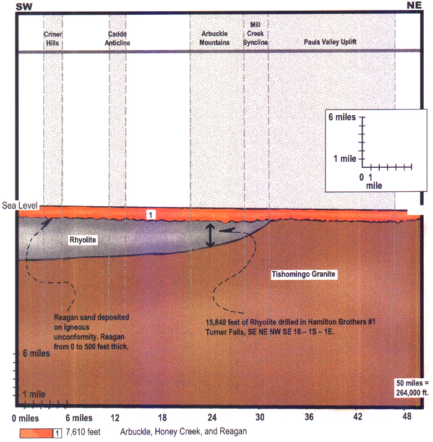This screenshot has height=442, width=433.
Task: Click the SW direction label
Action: (24, 6)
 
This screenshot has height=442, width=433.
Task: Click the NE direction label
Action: (414, 6)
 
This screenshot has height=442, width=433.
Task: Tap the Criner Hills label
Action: (53, 38)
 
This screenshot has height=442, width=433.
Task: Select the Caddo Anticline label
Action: (118, 38)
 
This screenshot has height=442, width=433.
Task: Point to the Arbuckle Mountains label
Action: (215, 38)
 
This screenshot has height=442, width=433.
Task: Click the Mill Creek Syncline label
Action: (255, 33)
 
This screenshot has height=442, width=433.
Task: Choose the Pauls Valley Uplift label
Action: (330, 42)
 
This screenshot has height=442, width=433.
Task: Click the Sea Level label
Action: (20, 206)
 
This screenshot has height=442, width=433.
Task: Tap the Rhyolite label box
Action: (83, 240)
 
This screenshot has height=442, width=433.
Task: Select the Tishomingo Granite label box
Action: (304, 274)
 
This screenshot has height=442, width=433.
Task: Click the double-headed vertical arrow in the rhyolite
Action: (210, 235)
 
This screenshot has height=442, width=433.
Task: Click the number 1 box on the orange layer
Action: (151, 215)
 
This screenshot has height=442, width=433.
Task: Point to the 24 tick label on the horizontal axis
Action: (212, 417)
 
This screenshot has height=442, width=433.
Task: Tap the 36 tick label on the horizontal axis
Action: (309, 417)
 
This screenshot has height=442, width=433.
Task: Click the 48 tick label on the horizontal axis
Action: (407, 416)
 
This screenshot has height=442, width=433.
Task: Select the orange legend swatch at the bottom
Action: (36, 433)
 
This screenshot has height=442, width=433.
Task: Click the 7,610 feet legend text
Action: (83, 432)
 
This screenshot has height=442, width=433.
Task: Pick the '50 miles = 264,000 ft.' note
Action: (412, 388)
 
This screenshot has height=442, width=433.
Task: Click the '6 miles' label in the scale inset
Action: (342, 117)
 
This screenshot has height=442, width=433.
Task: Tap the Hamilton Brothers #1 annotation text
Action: (291, 327)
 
